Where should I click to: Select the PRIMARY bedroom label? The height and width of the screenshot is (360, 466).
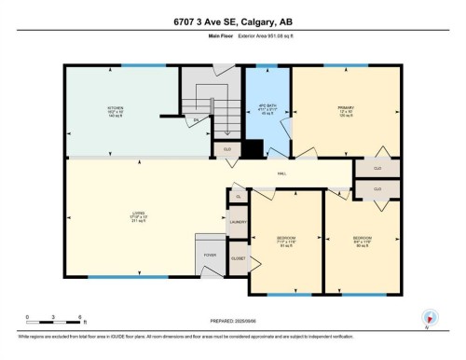pos(345,108)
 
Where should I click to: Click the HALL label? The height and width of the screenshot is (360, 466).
pos(281,174)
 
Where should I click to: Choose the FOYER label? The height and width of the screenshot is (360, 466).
pos(211,255)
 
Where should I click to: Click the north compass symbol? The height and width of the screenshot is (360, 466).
pos(430,318)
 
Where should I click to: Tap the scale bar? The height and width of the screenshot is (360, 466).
pos(55,320)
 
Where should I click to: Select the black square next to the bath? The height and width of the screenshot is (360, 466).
pos(252,148)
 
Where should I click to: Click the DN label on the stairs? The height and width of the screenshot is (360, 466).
pos(196,121)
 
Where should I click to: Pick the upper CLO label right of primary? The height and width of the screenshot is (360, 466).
pos(377,169)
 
